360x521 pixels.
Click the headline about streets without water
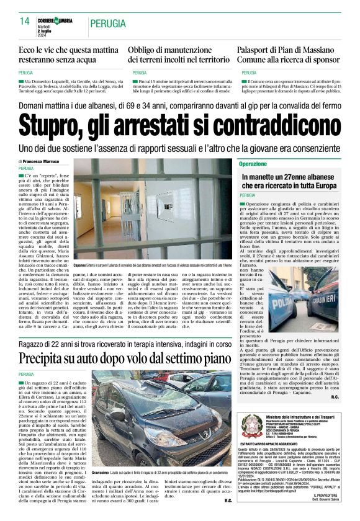point(66,54)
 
